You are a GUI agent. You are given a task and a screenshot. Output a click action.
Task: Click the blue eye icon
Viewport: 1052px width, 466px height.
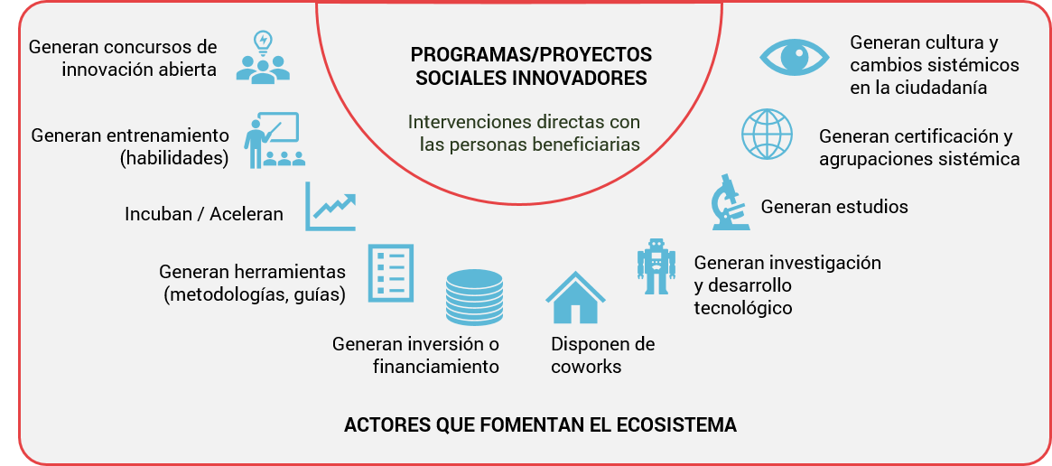coord(795,57)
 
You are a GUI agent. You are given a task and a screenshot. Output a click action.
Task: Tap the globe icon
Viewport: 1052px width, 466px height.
coord(767,135)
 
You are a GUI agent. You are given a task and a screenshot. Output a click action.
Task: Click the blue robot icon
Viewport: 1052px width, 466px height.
coord(654,266)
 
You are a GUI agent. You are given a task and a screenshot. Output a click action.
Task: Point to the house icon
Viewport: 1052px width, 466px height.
coord(575,297)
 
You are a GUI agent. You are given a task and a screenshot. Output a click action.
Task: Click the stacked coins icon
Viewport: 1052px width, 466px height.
coord(474,297)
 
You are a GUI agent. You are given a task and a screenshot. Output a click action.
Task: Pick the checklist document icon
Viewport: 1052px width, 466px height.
coord(390,274)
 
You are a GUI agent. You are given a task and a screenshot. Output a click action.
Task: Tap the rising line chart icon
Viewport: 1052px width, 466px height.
coord(330,207)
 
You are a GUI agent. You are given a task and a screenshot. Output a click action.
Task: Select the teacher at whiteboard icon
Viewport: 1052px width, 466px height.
coord(275,140)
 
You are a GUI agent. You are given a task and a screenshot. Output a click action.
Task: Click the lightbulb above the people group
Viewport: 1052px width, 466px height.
coord(263,42)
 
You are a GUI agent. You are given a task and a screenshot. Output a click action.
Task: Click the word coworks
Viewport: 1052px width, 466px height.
coord(586,368)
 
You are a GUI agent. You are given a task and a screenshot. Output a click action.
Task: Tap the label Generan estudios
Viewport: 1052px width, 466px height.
coord(834,206)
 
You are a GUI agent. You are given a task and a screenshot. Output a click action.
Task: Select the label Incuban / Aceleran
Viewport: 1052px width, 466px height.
coord(204,214)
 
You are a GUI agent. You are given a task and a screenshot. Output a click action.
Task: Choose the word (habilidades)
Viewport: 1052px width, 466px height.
coord(173,159)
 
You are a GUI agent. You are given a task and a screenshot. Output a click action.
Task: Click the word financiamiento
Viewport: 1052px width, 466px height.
coord(436,368)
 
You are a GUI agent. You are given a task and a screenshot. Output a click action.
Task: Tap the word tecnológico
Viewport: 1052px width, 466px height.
coord(742,308)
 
